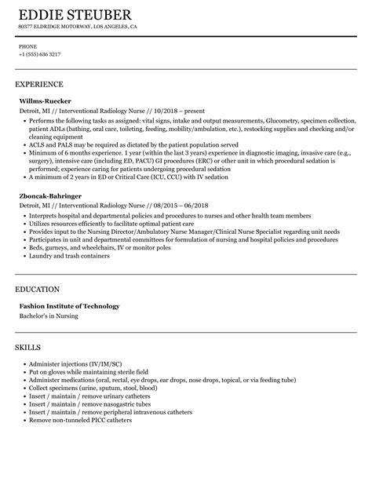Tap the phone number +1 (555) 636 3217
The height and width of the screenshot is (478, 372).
point(39,54)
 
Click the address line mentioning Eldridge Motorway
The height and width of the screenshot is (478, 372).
point(77,27)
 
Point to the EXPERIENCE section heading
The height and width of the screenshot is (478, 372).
point(39,83)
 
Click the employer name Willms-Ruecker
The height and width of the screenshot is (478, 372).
point(48,101)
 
